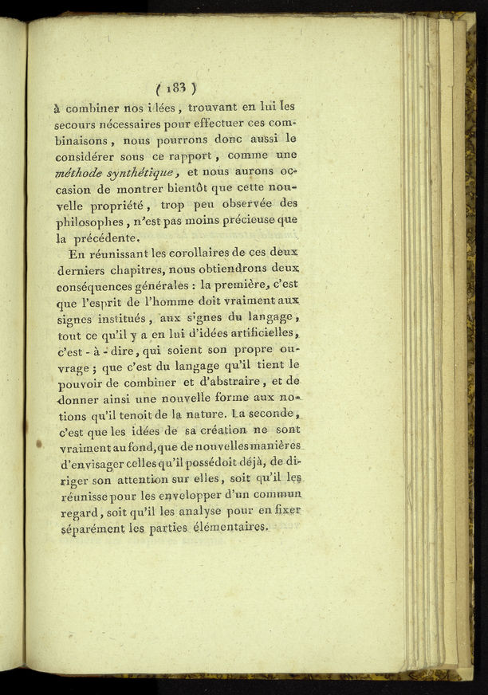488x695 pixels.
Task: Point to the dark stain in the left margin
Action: pos(39,443)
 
